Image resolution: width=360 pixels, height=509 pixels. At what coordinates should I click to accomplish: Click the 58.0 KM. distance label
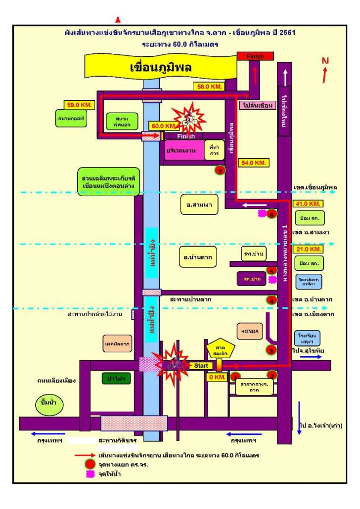pyautogui.click(x=209, y=86)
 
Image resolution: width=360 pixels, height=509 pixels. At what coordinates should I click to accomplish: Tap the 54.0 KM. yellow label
pyautogui.click(x=254, y=162)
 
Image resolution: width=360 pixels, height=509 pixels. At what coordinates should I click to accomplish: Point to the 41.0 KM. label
pyautogui.click(x=309, y=204)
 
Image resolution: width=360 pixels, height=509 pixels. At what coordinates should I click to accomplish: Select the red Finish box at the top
pyautogui.click(x=255, y=56)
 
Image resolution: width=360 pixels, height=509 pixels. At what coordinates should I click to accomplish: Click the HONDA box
pyautogui.click(x=250, y=331)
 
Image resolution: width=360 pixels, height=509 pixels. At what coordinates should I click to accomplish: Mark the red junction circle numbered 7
pyautogui.click(x=221, y=170)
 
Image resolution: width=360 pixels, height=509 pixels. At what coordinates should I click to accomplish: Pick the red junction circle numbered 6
pyautogui.click(x=270, y=213)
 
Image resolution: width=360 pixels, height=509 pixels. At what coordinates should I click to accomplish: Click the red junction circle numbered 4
pyautogui.click(x=270, y=300)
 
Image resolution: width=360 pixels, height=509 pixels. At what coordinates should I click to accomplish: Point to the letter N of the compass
pyautogui.click(x=325, y=61)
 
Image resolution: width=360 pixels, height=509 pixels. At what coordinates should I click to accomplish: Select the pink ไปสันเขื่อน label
pyautogui.click(x=258, y=105)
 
